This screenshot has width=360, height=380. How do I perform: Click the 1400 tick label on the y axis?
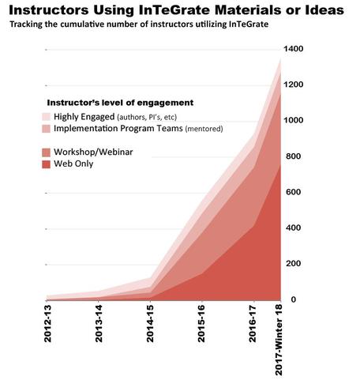294,49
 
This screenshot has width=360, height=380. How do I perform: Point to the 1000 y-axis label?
294,120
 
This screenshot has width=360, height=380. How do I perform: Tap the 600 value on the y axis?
294,192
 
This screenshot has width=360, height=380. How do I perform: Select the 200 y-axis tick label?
294,263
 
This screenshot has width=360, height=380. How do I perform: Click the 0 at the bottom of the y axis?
293,299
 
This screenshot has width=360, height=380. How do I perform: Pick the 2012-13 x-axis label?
47,324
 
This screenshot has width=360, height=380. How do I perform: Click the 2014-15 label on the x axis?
150,324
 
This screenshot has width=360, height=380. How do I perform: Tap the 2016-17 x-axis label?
252,324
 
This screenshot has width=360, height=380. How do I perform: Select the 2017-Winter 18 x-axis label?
279,340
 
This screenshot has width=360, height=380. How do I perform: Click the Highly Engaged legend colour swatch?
46,117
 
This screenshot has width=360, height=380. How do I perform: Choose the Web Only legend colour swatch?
46,164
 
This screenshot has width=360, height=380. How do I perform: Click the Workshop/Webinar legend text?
93,152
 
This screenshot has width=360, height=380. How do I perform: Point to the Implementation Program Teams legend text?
118,129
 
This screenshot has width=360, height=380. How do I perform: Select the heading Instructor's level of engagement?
120,103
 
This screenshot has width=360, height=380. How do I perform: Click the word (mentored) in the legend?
204,129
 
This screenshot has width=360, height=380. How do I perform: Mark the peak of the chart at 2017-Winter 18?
280,58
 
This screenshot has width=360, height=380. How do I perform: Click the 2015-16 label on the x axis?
201,324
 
